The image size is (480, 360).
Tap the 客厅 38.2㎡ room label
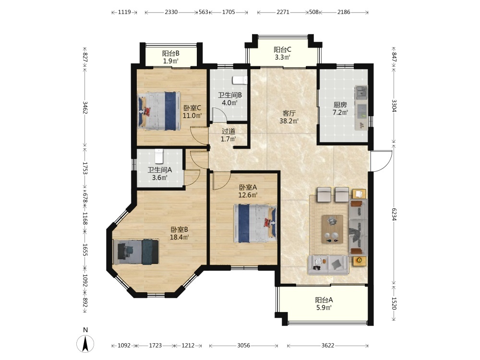288,117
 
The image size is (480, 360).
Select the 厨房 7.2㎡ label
340,108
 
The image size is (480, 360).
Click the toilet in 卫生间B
240,80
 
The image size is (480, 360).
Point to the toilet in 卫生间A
159,156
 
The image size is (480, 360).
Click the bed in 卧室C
158,111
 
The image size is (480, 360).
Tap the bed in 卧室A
255,223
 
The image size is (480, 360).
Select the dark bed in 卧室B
136,252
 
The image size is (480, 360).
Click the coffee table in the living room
332,229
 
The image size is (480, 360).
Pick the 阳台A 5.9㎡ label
324,304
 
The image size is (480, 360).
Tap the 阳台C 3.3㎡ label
282,53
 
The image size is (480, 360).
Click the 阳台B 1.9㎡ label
170,57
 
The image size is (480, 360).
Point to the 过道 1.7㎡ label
228,135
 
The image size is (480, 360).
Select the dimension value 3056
244,345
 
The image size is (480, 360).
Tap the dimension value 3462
85,108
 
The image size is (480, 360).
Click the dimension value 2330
171,12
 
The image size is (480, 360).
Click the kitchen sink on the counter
361,92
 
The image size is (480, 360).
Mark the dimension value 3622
328,345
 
